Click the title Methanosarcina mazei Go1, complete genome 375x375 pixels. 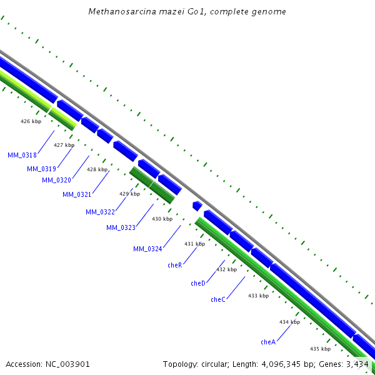187,11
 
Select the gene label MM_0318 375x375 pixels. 22,155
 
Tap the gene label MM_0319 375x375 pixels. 42,169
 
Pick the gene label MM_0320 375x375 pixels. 57,180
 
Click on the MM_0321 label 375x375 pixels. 77,194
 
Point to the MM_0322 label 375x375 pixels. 100,212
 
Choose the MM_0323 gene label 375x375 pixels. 121,227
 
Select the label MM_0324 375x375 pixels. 147,249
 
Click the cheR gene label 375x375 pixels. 174,265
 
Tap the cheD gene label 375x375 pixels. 198,283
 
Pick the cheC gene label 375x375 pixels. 218,299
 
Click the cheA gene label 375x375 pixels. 268,342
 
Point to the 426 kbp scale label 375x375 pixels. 31,121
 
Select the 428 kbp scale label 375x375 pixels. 97,169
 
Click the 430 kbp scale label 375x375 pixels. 162,219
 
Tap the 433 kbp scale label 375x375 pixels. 258,296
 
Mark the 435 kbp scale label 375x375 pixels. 320,349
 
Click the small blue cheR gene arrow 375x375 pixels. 197,206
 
